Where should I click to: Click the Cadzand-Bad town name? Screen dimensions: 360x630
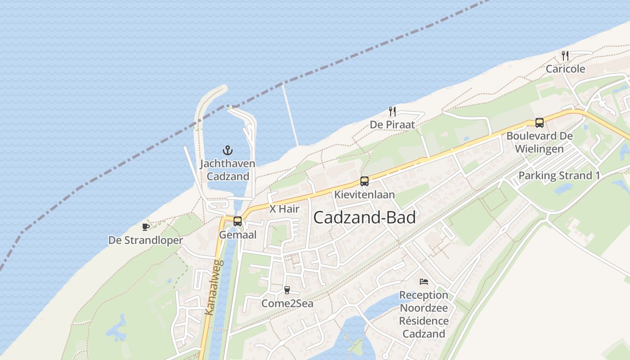pos(364,218)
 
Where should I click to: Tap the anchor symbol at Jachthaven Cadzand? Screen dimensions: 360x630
pos(228,150)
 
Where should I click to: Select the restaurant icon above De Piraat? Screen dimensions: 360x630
pos(392,111)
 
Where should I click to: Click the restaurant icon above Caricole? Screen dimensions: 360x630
pos(565,56)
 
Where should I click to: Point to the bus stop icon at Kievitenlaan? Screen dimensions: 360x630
pos(364,181)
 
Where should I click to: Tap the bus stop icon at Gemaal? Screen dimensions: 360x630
pos(238,221)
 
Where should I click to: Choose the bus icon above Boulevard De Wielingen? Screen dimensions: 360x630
pos(539,122)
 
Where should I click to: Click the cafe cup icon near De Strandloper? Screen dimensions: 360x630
pos(146,227)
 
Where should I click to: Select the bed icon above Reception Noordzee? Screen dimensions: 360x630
pos(424,282)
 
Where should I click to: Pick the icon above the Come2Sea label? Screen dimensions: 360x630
pos(287,290)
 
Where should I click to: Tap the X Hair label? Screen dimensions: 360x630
pos(284,209)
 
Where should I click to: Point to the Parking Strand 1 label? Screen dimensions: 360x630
pos(559,175)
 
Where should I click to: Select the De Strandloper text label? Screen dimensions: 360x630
pos(146,240)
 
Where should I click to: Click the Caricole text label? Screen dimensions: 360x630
pos(565,69)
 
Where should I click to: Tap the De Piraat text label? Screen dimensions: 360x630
pos(392,125)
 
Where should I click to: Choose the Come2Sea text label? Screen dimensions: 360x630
pos(287,304)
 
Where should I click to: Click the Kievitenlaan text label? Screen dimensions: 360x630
pos(364,195)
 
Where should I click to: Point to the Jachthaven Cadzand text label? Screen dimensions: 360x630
pos(228,170)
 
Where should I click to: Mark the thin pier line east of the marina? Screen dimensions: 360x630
pos(290,115)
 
